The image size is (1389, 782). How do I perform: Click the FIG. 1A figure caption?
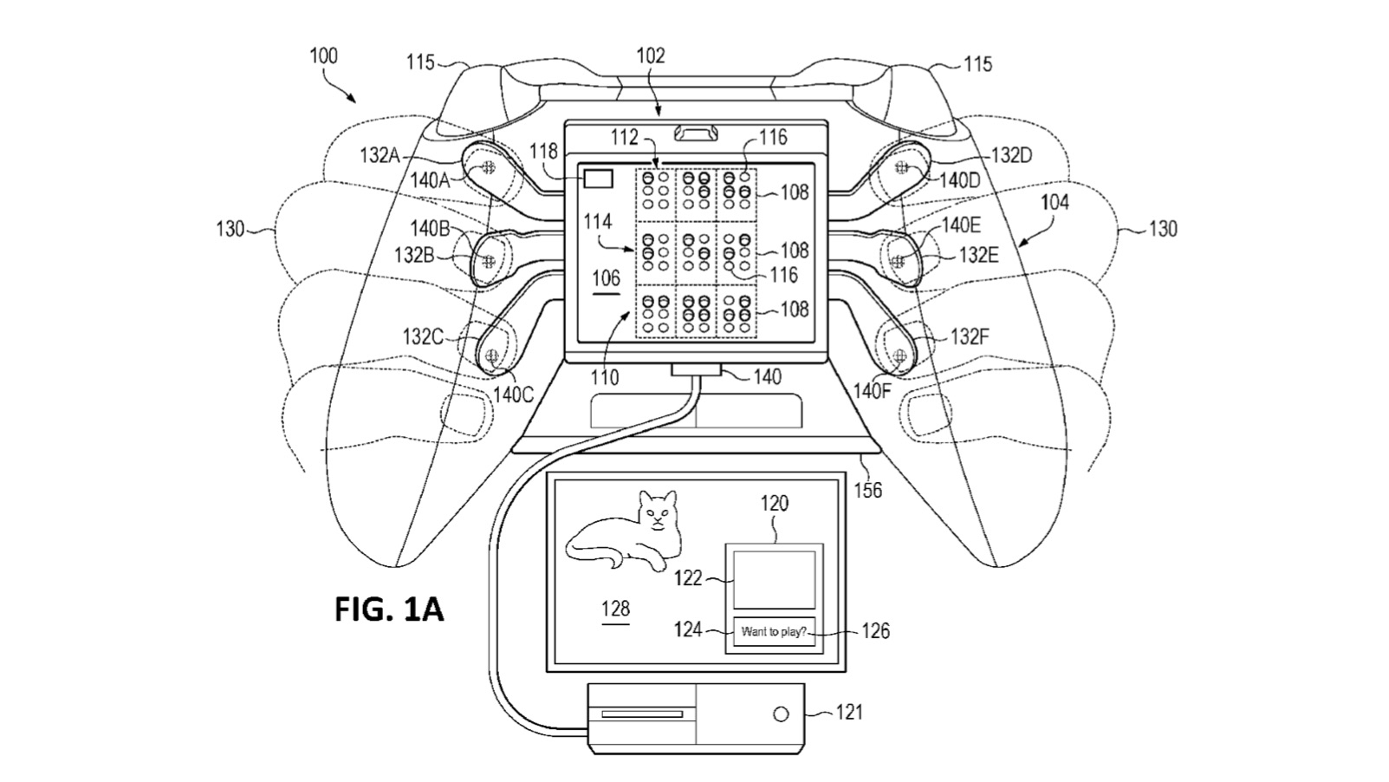(x=389, y=609)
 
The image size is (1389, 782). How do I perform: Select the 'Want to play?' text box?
(x=774, y=632)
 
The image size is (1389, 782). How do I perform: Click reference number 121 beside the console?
(x=849, y=712)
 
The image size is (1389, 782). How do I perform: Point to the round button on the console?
(x=781, y=714)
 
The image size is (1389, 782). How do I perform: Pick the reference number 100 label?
(x=323, y=56)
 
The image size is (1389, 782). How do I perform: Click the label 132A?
(x=380, y=155)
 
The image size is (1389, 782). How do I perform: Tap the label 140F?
(x=872, y=391)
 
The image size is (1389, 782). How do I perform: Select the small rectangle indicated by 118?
(x=599, y=179)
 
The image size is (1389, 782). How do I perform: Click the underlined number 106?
(x=606, y=278)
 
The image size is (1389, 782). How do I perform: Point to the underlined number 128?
(x=615, y=609)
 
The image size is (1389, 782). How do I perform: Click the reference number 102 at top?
(x=651, y=56)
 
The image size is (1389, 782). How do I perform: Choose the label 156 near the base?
(x=867, y=491)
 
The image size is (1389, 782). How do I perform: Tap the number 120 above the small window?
(x=775, y=504)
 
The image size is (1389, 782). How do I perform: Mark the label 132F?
(x=969, y=336)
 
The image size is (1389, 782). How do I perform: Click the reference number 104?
(x=1055, y=203)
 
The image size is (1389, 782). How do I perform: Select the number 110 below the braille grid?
(x=605, y=377)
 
